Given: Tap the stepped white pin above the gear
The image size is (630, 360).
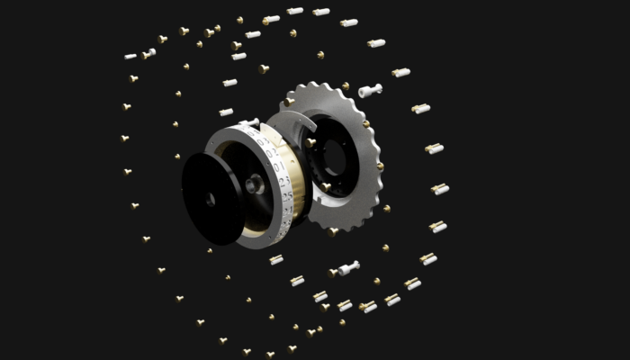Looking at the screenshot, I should point(370,90).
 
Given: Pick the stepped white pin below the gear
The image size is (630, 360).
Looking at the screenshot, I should point(347,267).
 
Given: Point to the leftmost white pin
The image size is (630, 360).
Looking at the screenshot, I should point(130,56).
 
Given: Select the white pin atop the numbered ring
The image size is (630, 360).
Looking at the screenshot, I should point(249,122).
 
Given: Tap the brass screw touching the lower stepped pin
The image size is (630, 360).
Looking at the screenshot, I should point(333,272).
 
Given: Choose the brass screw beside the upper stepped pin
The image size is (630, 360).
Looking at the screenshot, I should point(346,86).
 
